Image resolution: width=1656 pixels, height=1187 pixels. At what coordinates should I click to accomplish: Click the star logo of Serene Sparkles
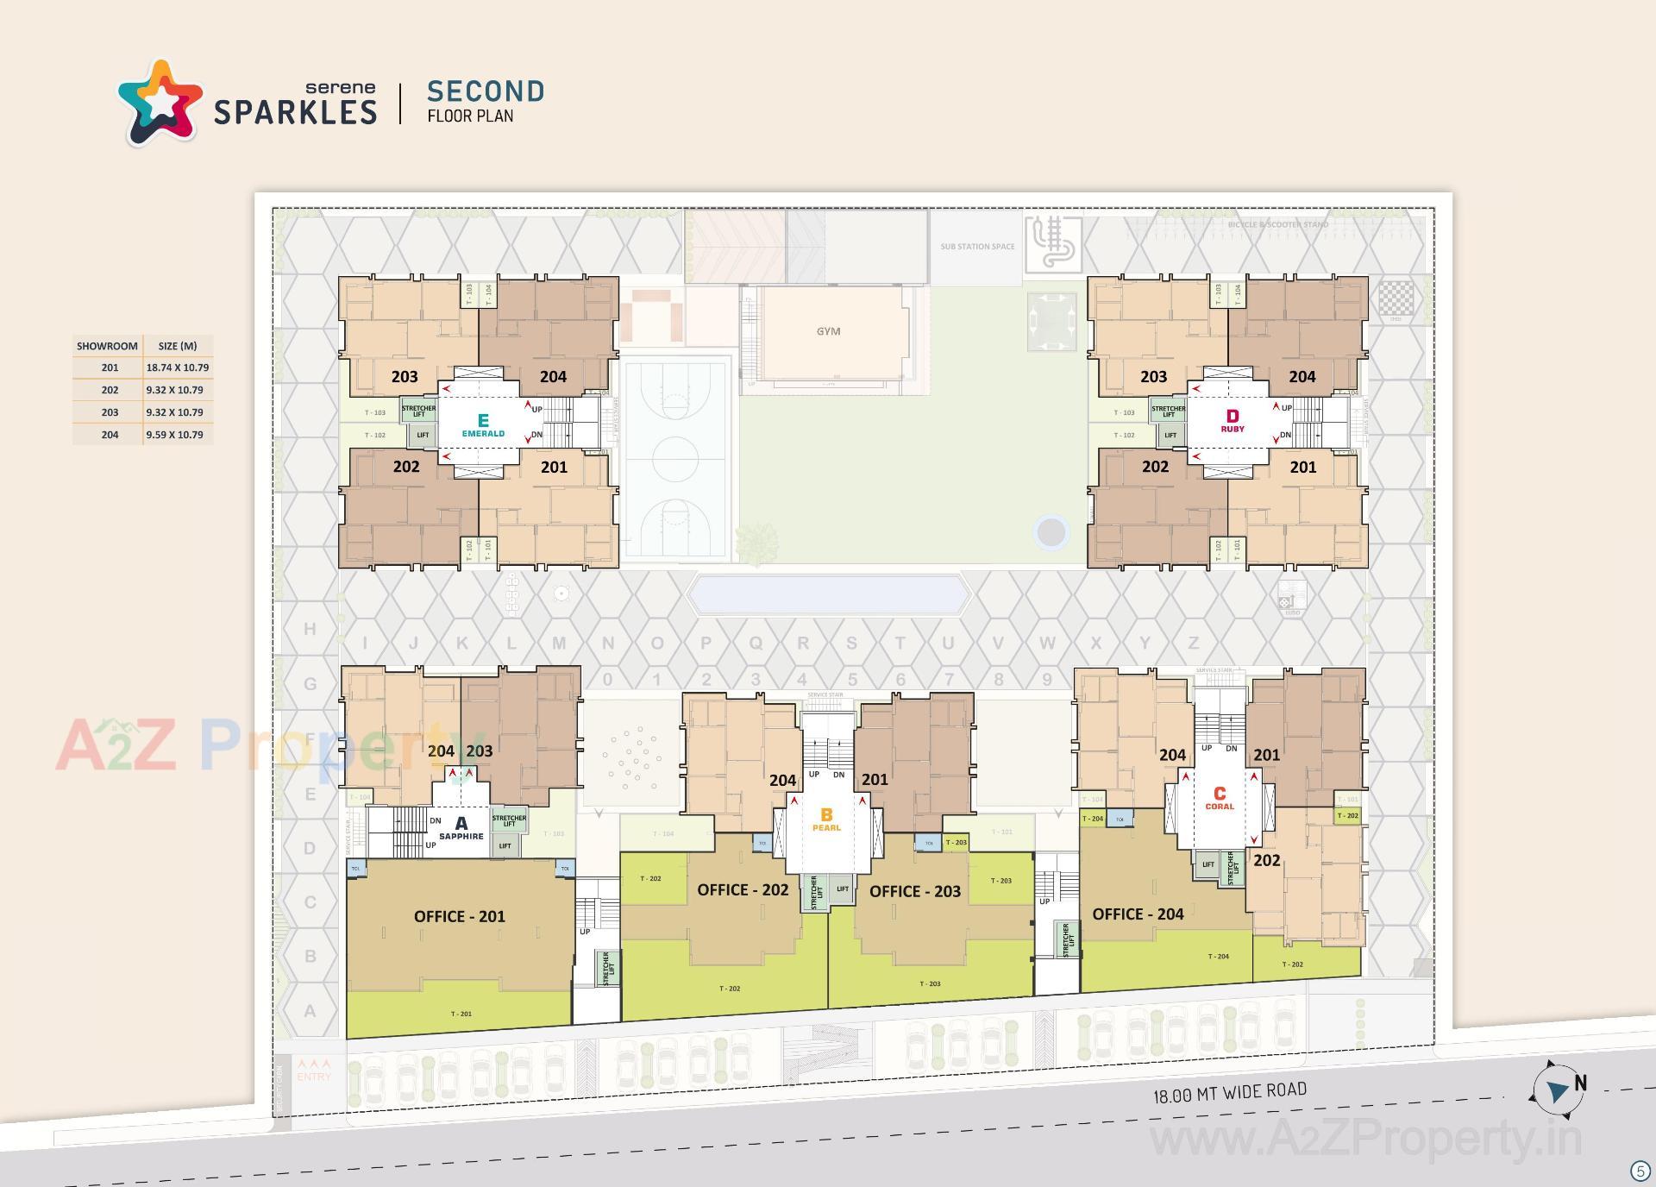coord(160,103)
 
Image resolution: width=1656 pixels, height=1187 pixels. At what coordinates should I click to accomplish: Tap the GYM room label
coord(828,331)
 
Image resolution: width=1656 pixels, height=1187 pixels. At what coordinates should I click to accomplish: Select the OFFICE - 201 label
coord(459,916)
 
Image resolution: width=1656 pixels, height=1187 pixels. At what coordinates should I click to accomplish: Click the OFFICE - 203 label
coord(914,891)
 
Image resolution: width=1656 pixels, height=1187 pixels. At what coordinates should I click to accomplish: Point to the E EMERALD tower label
coord(483,425)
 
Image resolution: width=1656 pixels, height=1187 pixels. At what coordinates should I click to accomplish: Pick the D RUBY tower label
coord(1232,421)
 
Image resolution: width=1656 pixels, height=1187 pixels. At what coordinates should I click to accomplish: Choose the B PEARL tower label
coord(826,819)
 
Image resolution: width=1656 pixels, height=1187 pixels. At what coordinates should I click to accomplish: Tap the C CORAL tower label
coord(1220,798)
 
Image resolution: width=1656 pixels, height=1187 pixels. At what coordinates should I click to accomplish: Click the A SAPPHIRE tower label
coord(461,828)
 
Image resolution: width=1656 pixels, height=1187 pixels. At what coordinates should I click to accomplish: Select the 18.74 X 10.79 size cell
coord(178,367)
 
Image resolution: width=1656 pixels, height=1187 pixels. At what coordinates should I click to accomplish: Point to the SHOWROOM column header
coord(107,346)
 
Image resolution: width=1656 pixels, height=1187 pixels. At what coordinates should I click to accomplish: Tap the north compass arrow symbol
coord(1558,1091)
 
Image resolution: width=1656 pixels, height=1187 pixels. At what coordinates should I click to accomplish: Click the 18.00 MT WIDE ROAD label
coord(1230,1093)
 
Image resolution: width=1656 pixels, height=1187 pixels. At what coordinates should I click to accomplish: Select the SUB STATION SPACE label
coord(977,247)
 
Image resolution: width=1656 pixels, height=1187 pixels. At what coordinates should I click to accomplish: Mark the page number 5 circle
coord(1640,1171)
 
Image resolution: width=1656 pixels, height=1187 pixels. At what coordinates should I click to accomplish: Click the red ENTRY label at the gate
coord(314,1076)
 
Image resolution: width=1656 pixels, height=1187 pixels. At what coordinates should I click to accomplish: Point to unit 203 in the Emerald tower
coord(405,376)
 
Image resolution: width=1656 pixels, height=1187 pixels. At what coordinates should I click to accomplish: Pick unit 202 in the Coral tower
coord(1267,860)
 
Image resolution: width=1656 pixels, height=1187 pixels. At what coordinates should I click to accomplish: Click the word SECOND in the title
coord(486,91)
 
